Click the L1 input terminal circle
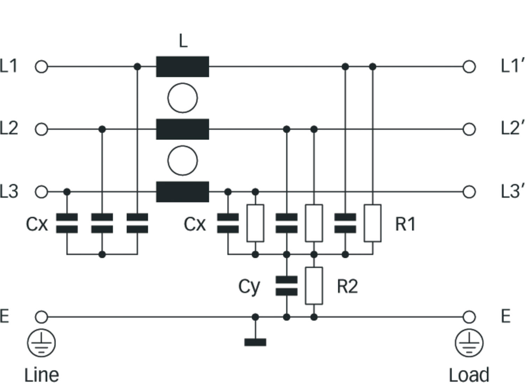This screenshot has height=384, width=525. point(41,67)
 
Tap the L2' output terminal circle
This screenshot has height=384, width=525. point(469,129)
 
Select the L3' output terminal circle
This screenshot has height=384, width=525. point(469,192)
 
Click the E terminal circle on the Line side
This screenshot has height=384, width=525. point(41,317)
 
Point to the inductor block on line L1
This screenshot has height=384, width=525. point(182,67)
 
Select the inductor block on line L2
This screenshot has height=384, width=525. point(182,129)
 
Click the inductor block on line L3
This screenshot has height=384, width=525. point(182,192)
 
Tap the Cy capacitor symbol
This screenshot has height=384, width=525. point(287,286)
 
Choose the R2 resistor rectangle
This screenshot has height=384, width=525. point(314,286)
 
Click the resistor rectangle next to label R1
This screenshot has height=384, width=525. point(373,223)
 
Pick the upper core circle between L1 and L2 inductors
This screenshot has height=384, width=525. point(182,98)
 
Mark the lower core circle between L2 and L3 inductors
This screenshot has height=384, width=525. point(182,161)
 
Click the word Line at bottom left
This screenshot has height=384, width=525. point(42,375)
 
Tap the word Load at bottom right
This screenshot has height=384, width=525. point(469,375)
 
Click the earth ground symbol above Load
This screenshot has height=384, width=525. point(469,343)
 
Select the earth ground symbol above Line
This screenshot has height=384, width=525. point(41,343)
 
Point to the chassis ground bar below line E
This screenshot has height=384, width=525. point(255,342)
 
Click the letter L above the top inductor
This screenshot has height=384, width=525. point(183,41)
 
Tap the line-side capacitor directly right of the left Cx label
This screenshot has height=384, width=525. point(67,223)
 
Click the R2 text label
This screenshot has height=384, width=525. point(347,286)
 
